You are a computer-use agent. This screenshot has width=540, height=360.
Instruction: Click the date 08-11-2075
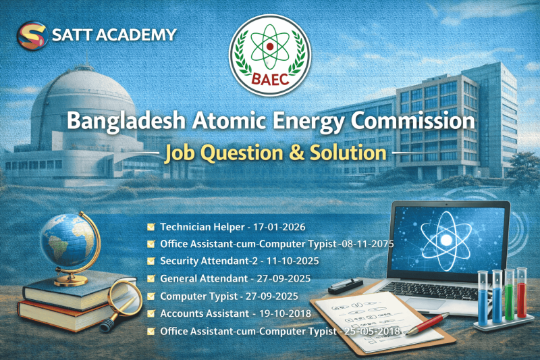tap(367, 243)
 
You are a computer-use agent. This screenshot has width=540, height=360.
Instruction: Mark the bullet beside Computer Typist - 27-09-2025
tap(152, 296)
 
